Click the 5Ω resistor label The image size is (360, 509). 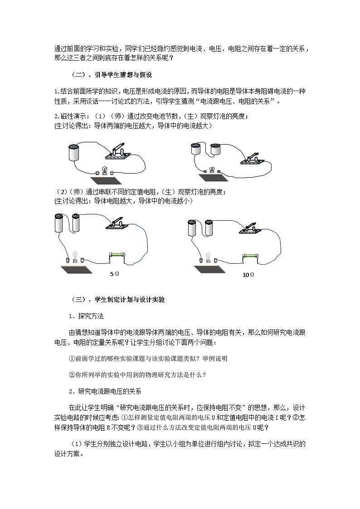click(115, 274)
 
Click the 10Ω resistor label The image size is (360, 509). click(248, 275)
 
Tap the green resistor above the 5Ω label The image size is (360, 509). click(117, 257)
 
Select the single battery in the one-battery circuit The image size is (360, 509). click(73, 152)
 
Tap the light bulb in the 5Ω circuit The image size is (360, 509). click(75, 256)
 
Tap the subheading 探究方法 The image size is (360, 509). click(91, 316)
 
